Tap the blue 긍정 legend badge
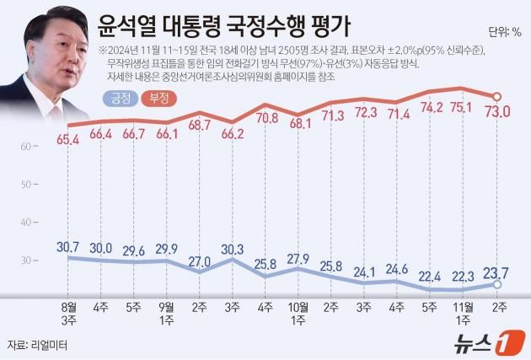pos(121,99)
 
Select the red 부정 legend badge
pos(159,99)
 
